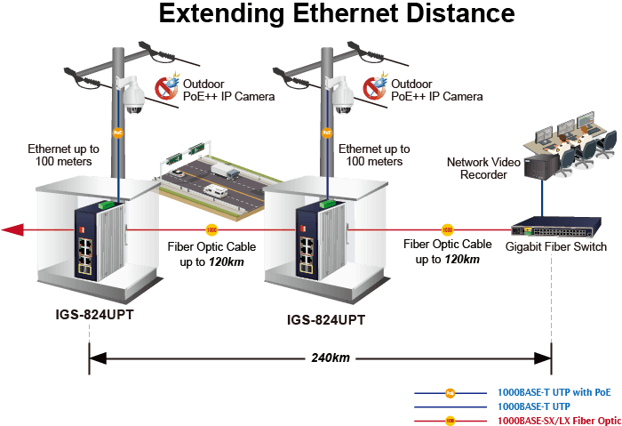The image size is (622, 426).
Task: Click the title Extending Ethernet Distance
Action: coord(337,13)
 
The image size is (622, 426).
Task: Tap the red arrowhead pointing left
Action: coord(12,229)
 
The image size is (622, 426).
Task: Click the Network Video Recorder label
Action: coord(483,168)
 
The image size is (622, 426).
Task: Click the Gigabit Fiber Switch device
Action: coord(556,227)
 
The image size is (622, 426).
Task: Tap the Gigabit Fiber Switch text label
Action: coord(555,246)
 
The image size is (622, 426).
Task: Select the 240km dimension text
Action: coord(331,358)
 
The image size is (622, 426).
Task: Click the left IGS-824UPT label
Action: coord(94,315)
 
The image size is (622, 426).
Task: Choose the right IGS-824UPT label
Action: coord(326,319)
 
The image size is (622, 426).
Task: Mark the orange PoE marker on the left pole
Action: coord(118,133)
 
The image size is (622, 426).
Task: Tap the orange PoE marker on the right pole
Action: coord(327,133)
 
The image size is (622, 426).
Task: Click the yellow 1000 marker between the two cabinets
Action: coord(211,229)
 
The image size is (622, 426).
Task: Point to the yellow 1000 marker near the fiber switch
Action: coord(447,229)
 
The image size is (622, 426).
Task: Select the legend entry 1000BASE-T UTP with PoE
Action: coord(554,393)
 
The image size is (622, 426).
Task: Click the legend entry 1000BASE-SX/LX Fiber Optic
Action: coord(559,421)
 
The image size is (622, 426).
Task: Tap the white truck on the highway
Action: coord(225,170)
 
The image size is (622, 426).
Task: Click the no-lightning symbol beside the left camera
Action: coord(167,86)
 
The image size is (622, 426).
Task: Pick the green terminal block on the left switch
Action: coord(107,205)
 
